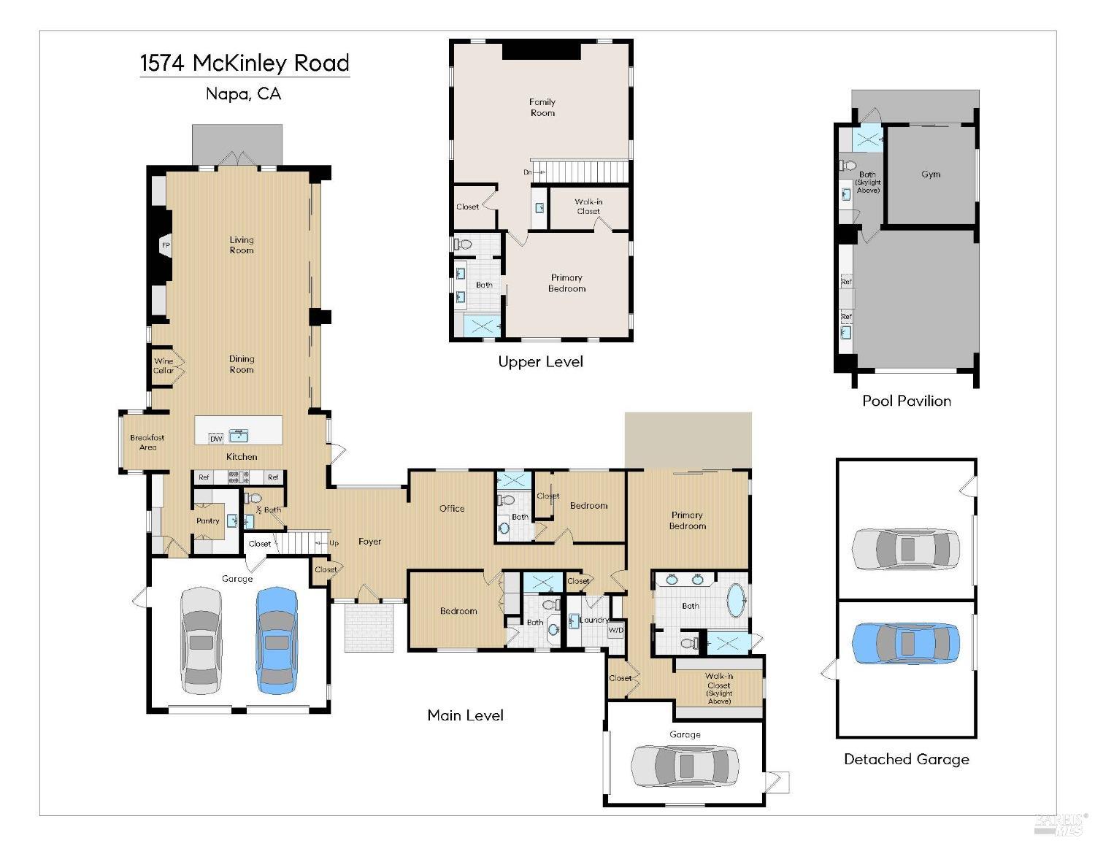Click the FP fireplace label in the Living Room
tap(166, 245)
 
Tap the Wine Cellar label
tap(164, 365)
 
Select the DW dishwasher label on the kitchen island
tap(216, 439)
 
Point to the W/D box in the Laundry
tap(616, 631)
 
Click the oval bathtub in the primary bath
tap(737, 601)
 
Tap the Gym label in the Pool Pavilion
tap(930, 174)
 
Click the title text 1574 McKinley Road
tap(245, 63)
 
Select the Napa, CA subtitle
tap(243, 93)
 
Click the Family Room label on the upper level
tap(542, 107)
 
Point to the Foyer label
tap(369, 542)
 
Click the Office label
tap(451, 509)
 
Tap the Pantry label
tap(207, 520)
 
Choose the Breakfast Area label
tap(147, 442)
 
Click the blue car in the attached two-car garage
tap(277, 641)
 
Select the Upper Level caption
tap(540, 362)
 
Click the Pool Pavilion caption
tap(907, 401)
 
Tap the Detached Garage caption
tap(907, 759)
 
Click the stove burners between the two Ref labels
tap(239, 477)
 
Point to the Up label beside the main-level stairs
tap(334, 543)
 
